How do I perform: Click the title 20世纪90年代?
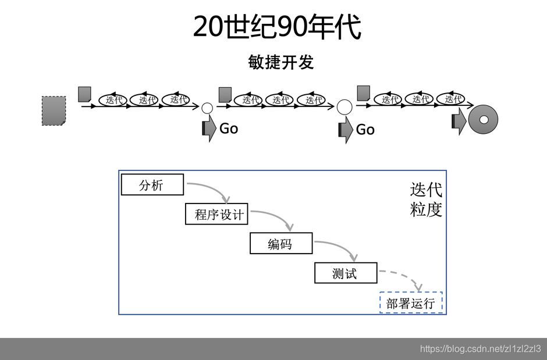pos(277,27)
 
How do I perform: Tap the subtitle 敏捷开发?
pos(281,62)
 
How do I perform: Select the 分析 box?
pos(152,185)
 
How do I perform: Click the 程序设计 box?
pos(216,214)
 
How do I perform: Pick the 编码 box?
pos(280,244)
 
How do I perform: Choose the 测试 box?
pos(345,273)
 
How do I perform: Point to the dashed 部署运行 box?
pos(411,302)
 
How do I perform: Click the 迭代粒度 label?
pos(426,199)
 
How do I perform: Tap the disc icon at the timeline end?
pos(483,119)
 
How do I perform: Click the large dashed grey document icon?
pos(54,110)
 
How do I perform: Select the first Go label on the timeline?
pos(229,129)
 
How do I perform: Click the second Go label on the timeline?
pos(365,130)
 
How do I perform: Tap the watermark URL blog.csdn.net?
pos(480,349)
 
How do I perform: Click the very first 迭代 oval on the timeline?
pos(114,99)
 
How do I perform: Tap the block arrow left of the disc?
pos(459,122)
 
